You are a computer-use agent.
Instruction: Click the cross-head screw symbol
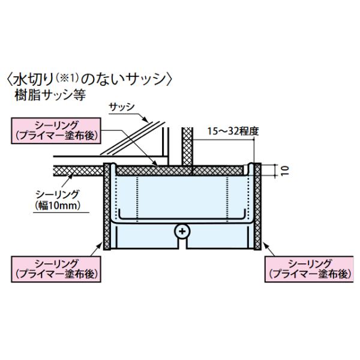[x=182, y=231]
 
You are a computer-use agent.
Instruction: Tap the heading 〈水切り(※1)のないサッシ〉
[x=89, y=79]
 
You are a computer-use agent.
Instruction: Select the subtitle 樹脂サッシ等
[x=50, y=95]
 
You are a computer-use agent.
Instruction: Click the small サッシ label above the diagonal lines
[x=121, y=107]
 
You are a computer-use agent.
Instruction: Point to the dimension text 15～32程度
[x=233, y=131]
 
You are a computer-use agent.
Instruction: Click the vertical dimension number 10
[x=284, y=171]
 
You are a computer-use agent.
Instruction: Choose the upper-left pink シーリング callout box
[x=56, y=131]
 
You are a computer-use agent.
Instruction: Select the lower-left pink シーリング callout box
[x=56, y=269]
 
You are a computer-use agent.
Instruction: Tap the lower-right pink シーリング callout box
[x=309, y=269]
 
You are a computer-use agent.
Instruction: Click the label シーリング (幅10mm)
[x=58, y=200]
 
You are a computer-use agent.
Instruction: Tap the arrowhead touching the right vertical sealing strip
[x=265, y=245]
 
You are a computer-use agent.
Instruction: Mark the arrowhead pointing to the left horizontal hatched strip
[x=71, y=176]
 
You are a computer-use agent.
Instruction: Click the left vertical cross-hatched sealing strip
[x=107, y=206]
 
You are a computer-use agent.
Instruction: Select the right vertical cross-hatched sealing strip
[x=257, y=206]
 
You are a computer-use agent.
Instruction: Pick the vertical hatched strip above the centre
[x=188, y=146]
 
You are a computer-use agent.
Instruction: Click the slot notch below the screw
[x=182, y=244]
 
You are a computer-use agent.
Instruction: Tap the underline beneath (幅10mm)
[x=61, y=212]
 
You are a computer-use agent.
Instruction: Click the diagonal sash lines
[x=133, y=138]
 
